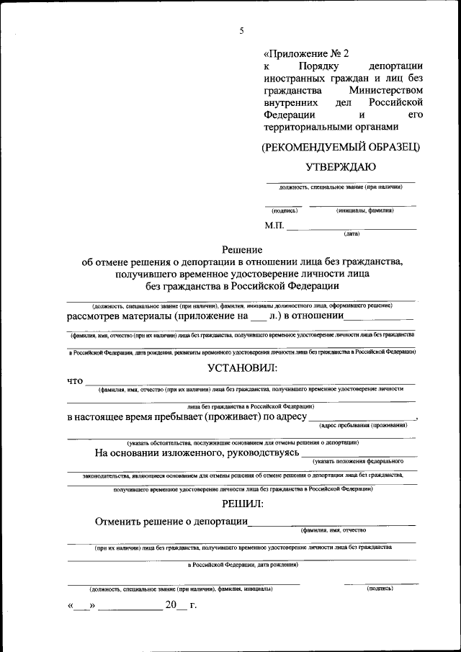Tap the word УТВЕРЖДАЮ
point(340,167)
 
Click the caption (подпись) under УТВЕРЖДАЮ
point(285,211)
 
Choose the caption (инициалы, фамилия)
point(364,211)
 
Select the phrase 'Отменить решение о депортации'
point(171,522)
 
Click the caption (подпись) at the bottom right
point(379,588)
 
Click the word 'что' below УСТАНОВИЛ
point(75,380)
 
